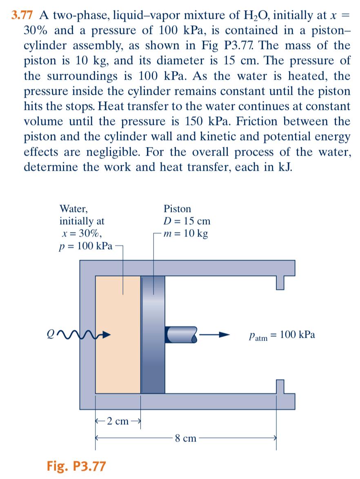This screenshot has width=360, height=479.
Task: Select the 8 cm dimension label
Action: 186,439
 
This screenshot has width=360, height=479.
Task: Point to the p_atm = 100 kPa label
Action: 281,335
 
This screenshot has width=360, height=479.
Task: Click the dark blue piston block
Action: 153,335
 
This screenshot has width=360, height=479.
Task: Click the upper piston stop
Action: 280,282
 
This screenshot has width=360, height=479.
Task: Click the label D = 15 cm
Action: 187,221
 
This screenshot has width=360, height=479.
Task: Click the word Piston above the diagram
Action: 177,209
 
